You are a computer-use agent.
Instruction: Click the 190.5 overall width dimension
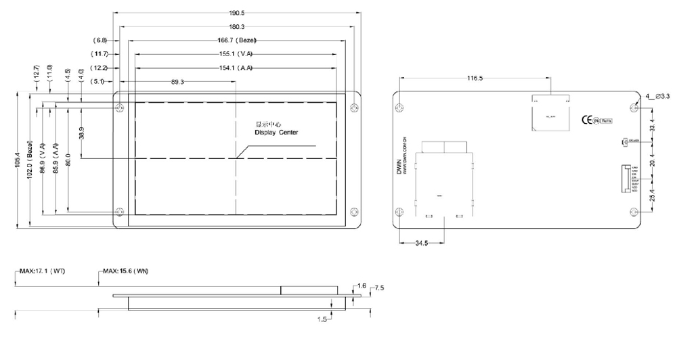pos(236,13)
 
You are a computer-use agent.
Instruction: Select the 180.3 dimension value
pos(236,26)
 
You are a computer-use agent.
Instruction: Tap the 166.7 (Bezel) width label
pos(236,40)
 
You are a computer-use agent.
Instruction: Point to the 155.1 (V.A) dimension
pos(236,53)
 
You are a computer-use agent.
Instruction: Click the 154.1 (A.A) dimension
pos(236,67)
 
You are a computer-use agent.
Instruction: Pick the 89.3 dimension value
pos(178,81)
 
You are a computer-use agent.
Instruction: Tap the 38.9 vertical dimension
pos(81,133)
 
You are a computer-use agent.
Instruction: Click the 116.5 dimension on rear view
pos(475,78)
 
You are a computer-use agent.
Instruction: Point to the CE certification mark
pos(586,120)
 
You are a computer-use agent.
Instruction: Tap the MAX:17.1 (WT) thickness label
pos(42,271)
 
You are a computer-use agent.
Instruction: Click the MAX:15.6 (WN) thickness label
pos(126,271)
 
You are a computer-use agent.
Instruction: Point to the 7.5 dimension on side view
pos(379,288)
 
